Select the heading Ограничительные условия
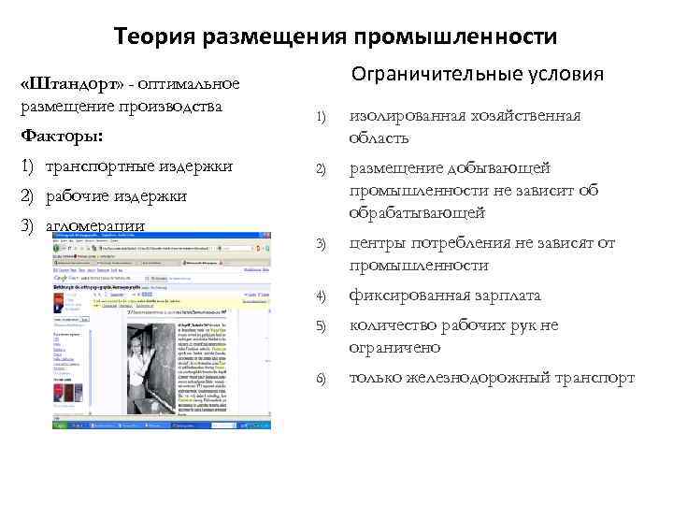point(477,74)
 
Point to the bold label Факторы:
point(62,137)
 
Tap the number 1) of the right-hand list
point(321,117)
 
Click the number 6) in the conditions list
point(321,378)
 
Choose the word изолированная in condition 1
point(405,116)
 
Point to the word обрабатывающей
point(417,213)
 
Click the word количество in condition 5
point(395,325)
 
